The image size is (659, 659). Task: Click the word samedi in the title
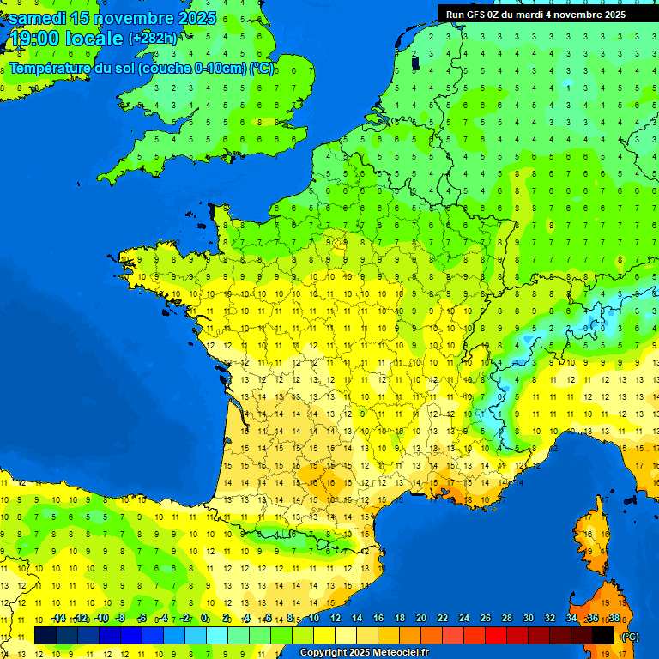pyautogui.click(x=38, y=18)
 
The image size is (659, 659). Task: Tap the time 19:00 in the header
pyautogui.click(x=35, y=39)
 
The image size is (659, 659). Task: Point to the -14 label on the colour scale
pyautogui.click(x=58, y=618)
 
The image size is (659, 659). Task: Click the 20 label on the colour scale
pyautogui.click(x=421, y=618)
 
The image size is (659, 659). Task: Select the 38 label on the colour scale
pyautogui.click(x=614, y=618)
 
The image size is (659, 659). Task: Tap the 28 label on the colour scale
pyautogui.click(x=507, y=618)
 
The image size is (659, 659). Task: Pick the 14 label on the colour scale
pyautogui.click(x=357, y=618)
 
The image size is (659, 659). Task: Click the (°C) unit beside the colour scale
pyautogui.click(x=630, y=636)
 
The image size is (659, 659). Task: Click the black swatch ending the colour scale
pyautogui.click(x=603, y=635)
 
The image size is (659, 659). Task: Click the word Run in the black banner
pyautogui.click(x=455, y=15)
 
